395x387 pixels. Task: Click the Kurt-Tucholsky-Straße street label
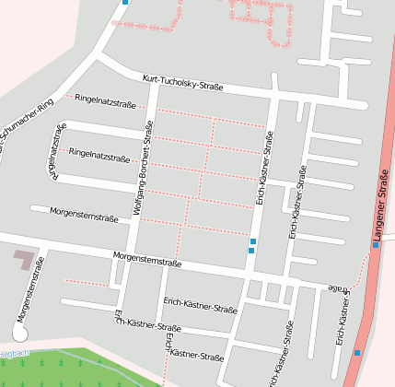pos(183,83)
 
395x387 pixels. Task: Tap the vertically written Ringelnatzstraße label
pos(56,148)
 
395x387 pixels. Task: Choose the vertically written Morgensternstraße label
pos(29,289)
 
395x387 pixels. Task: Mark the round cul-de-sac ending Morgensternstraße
pos(19,334)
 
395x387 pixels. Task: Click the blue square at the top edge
pos(125,2)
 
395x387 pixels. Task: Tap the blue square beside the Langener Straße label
pos(376,246)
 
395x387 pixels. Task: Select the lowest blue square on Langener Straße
pos(357,352)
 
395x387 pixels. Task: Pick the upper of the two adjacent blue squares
pos(253,241)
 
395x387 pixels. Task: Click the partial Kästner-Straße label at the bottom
pos(196,355)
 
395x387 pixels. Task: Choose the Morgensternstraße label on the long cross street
pos(146,260)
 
